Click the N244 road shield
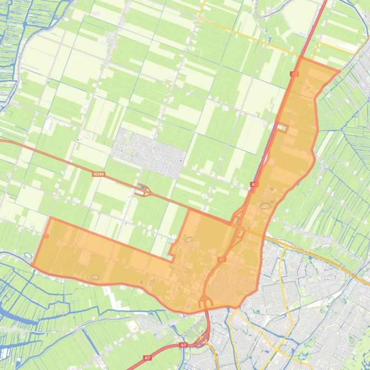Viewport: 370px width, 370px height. pos(98,174)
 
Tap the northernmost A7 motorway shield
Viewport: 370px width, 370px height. pos(294,74)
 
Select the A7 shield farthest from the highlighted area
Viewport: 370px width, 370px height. pos(147,358)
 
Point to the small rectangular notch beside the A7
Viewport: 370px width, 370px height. pos(282,128)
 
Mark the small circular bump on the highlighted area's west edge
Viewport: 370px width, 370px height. pos(47,236)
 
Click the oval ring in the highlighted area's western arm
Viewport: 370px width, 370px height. pos(95,277)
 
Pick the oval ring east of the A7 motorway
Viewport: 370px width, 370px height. pos(265,207)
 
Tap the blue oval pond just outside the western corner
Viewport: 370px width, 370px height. pos(27,256)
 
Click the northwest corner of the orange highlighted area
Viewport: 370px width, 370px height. pos(51,218)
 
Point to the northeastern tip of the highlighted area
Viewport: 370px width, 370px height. pos(339,71)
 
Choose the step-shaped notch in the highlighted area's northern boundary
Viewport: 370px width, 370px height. pos(173,250)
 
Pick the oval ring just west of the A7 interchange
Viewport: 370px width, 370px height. pos(189,239)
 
